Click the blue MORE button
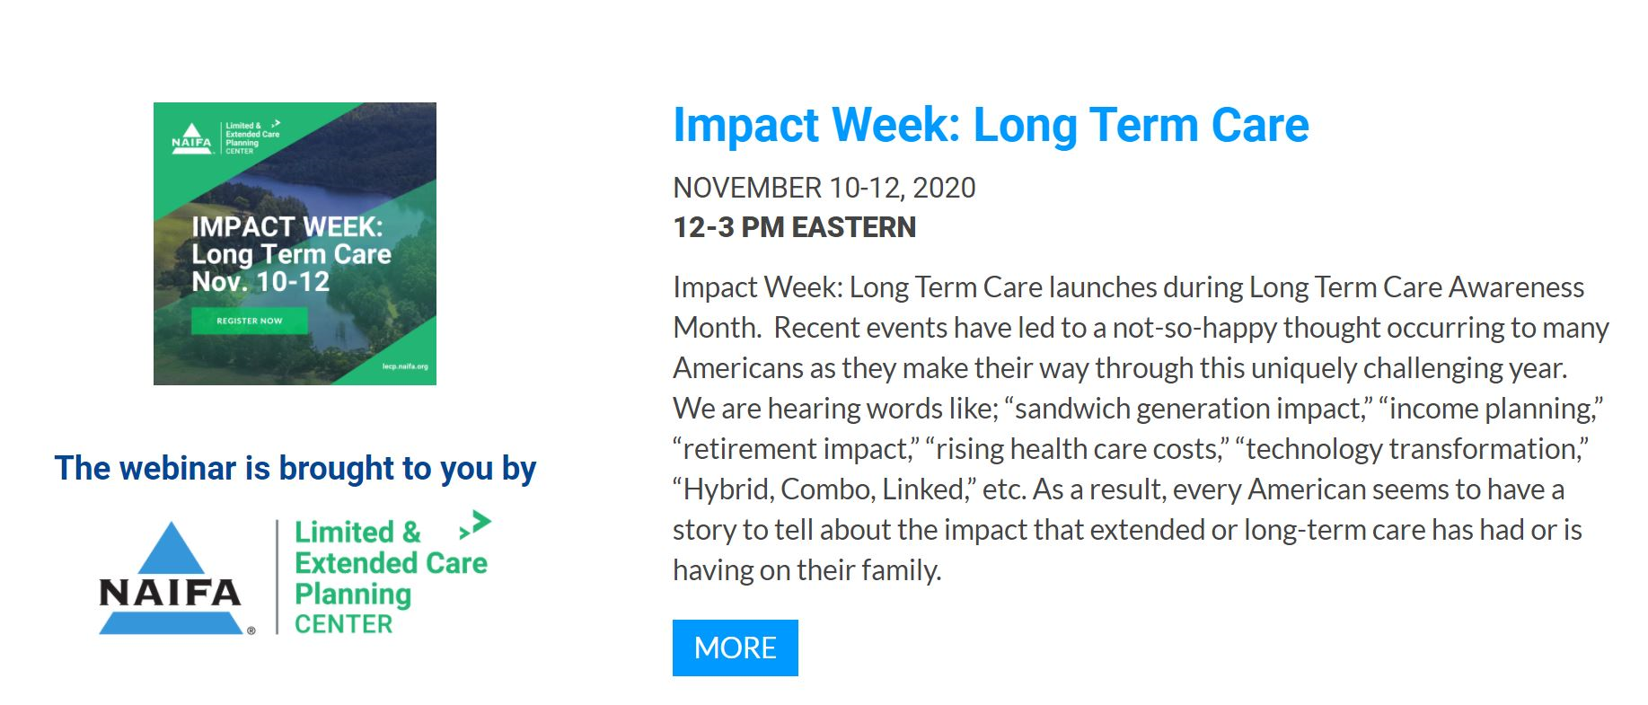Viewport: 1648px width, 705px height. pos(735,648)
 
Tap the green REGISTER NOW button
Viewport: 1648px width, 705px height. pos(250,321)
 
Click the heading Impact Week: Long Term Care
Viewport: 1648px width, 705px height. pos(991,126)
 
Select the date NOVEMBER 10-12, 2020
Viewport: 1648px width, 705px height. pos(824,188)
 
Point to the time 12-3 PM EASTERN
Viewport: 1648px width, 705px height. pos(794,227)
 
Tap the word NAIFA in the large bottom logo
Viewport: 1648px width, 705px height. pos(170,593)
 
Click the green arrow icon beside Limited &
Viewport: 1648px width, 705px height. pos(475,524)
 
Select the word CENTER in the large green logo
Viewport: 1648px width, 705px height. pos(343,624)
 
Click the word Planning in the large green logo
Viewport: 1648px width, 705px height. pos(353,595)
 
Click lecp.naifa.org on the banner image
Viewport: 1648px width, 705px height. pos(405,366)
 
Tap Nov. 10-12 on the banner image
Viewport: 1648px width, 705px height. pos(260,282)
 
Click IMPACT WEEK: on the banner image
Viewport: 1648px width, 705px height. pos(287,226)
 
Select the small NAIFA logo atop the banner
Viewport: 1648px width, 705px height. pos(191,138)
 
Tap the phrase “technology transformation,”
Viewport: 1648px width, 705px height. pos(1412,449)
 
